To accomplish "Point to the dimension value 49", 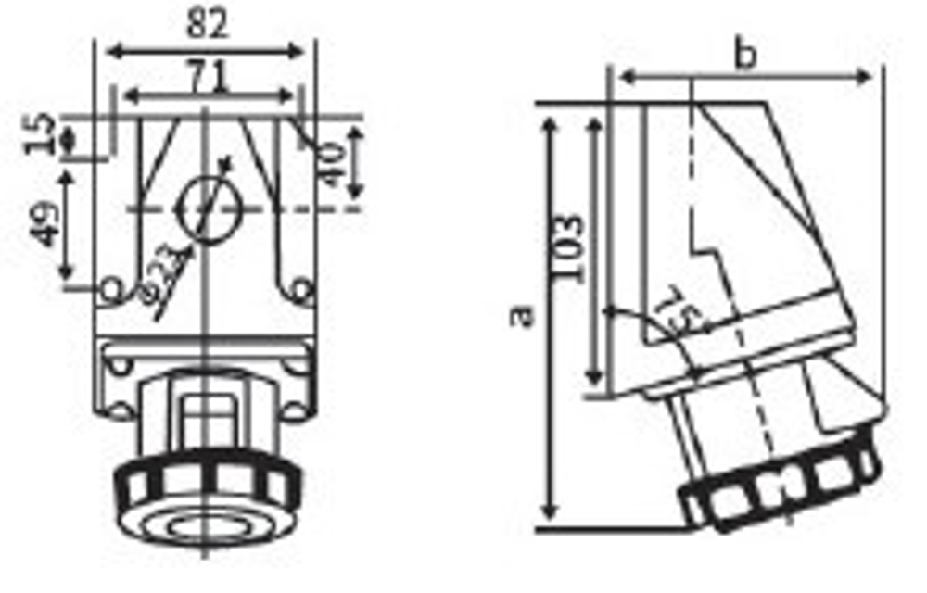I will [x=43, y=223].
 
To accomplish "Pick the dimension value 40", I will [x=331, y=164].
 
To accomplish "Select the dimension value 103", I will [x=568, y=249].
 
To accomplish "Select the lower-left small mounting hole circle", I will [x=111, y=291].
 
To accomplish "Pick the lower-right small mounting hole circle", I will [x=300, y=291].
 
